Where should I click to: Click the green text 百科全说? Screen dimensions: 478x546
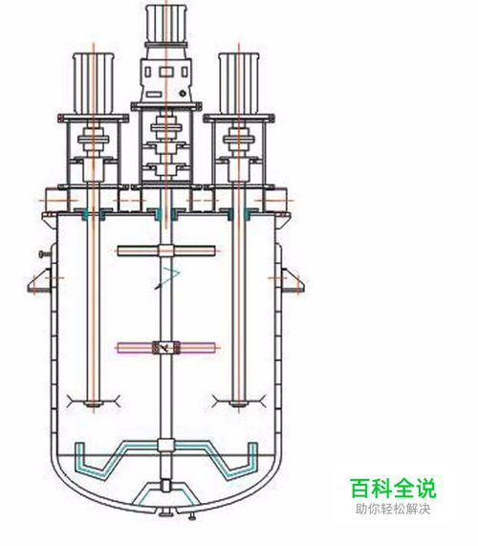(x=393, y=489)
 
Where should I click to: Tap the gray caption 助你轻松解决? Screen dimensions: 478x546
(x=393, y=509)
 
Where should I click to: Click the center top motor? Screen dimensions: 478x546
(x=166, y=24)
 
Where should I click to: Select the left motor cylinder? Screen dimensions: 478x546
(x=94, y=84)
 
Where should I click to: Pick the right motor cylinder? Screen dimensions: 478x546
(x=239, y=83)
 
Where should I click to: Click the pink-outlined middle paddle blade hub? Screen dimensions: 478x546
(x=166, y=347)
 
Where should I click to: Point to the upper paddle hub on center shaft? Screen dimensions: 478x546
(x=166, y=251)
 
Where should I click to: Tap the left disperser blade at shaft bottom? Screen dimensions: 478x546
(x=94, y=402)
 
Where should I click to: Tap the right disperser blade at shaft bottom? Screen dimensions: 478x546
(x=239, y=402)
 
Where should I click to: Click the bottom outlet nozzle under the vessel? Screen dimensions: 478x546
(x=166, y=512)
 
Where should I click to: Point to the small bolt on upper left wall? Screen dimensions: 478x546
(x=44, y=254)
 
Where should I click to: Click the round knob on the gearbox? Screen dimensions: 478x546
(x=183, y=94)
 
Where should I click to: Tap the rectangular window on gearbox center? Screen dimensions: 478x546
(x=166, y=73)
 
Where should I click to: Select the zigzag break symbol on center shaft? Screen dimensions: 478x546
(x=167, y=278)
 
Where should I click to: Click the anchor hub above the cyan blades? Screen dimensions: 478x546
(x=165, y=446)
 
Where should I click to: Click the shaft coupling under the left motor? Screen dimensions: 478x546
(x=94, y=140)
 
